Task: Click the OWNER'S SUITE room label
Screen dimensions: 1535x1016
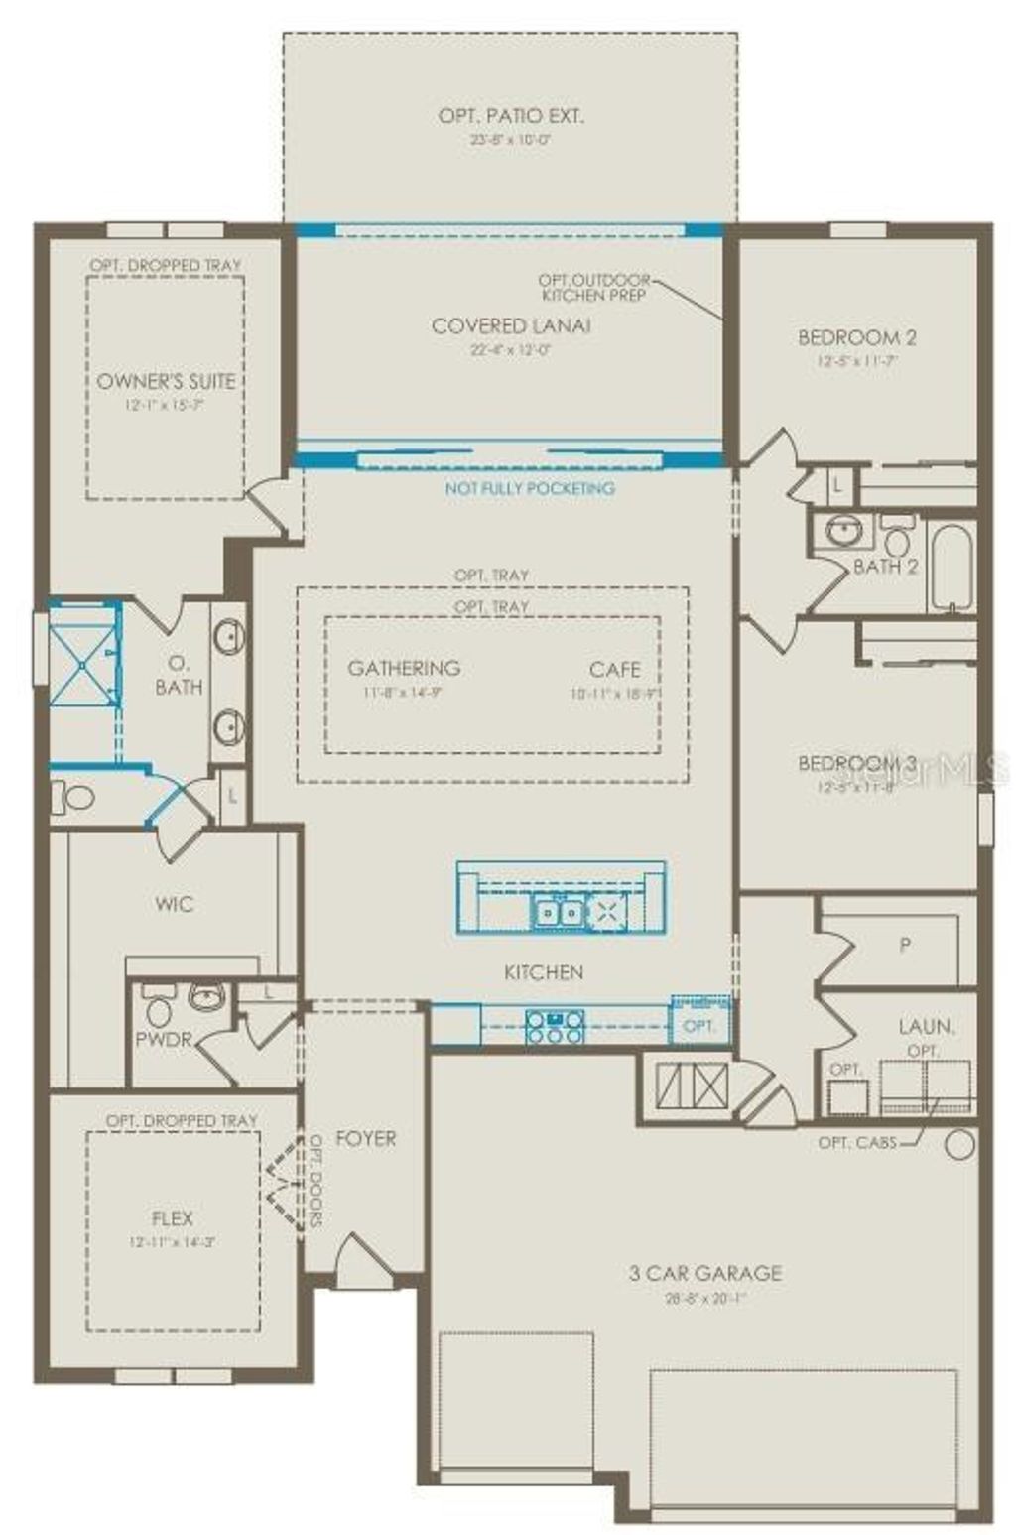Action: coord(166,381)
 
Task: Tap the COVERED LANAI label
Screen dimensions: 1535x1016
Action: coord(511,325)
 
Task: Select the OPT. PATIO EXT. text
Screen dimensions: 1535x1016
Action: coord(511,116)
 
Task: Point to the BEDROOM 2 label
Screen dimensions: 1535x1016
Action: coord(857,337)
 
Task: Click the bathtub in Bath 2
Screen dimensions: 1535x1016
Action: coord(952,568)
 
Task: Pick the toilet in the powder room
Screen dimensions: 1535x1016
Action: coord(158,1009)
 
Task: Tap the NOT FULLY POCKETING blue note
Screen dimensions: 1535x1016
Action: coord(530,488)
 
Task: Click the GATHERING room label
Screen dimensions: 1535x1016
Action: coord(404,668)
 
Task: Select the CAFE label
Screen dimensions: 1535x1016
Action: coord(614,669)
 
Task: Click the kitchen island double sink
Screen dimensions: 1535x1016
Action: coord(558,910)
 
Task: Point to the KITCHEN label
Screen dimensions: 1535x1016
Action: coord(544,972)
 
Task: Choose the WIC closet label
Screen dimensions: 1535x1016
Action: coord(175,904)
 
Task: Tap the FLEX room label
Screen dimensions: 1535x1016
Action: coord(173,1218)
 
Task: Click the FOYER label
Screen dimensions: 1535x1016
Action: coord(365,1138)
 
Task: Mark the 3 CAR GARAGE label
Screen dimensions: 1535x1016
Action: coord(705,1273)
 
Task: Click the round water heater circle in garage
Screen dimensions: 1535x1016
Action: coord(959,1145)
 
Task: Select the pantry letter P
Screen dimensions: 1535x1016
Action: coord(905,946)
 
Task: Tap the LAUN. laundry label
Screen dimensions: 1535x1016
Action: coord(927,1026)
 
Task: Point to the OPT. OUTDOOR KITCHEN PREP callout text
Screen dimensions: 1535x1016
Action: coord(594,288)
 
